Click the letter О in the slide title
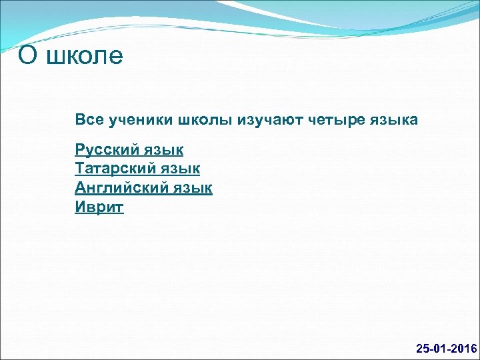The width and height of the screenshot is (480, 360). (x=27, y=56)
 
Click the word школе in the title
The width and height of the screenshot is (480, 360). (x=85, y=56)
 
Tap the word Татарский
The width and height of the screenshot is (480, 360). (x=114, y=169)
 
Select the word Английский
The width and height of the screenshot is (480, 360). (x=120, y=188)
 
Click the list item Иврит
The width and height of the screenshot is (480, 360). (x=99, y=207)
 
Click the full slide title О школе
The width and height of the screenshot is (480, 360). (x=71, y=56)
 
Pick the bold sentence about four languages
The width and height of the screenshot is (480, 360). (x=246, y=121)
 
